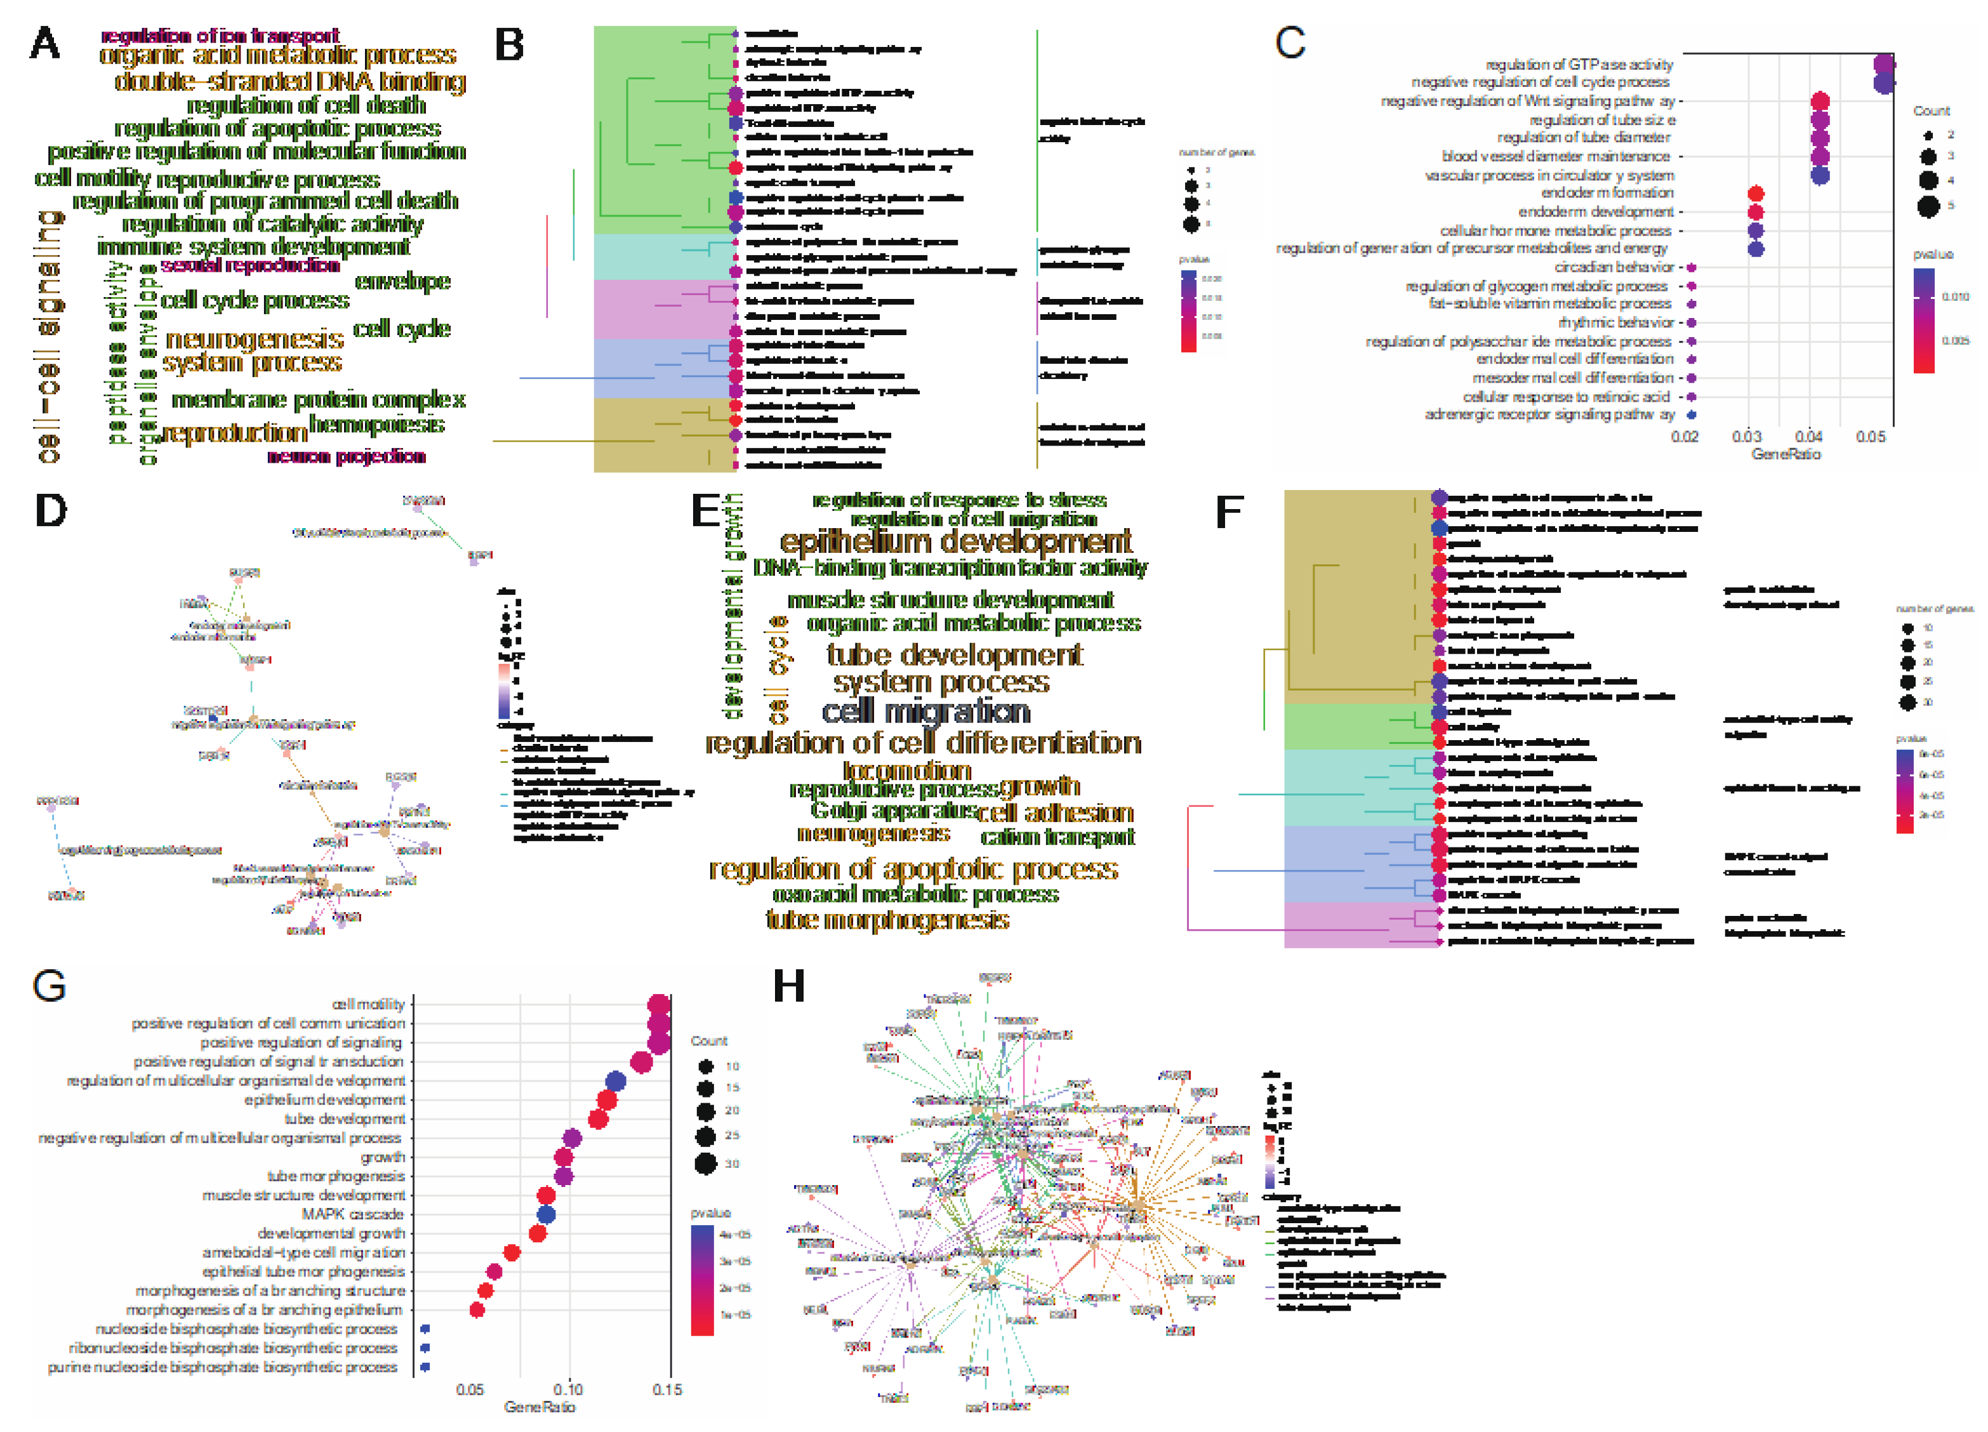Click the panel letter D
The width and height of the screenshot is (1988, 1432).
(x=51, y=510)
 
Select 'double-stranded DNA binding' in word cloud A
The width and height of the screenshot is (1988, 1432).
(x=290, y=81)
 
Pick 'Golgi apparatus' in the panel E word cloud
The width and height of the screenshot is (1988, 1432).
(x=893, y=811)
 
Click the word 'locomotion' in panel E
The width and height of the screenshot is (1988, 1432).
(x=907, y=771)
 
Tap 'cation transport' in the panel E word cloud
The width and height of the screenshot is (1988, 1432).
(x=1058, y=838)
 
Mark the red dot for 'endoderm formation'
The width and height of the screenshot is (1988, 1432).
(x=1755, y=194)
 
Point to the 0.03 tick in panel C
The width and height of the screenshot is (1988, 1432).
(x=1746, y=437)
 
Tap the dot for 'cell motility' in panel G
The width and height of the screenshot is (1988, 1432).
(x=659, y=1004)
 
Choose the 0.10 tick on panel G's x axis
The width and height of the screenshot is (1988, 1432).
(x=568, y=1389)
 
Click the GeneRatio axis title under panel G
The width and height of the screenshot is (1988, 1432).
(x=539, y=1407)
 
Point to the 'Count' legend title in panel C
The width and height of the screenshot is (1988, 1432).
(x=1931, y=111)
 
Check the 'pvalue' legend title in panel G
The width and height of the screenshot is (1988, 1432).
(x=710, y=1213)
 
